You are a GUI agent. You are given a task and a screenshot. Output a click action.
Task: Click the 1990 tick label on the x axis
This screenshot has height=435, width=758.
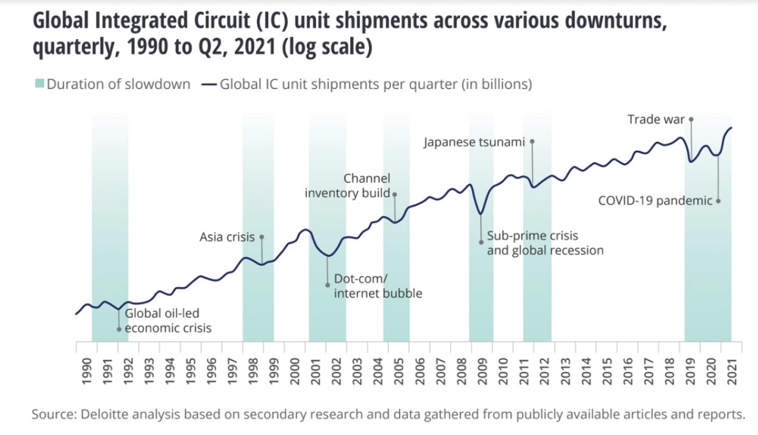[86, 369]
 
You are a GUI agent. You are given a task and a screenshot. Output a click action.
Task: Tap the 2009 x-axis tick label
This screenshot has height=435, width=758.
[482, 369]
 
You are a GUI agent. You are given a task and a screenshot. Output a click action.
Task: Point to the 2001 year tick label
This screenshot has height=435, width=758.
[316, 369]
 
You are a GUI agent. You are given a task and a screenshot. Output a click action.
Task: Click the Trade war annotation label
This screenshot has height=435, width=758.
[655, 119]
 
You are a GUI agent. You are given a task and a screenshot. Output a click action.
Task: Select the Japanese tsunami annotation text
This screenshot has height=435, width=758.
[474, 143]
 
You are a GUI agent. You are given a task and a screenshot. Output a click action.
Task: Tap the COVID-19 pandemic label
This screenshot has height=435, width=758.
[655, 201]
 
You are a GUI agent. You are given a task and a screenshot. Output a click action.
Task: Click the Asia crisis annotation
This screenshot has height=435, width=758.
[227, 237]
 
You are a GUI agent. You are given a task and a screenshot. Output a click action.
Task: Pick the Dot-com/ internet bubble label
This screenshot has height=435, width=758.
[377, 286]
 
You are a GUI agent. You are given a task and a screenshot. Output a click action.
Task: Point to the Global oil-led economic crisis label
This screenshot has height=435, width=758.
[168, 320]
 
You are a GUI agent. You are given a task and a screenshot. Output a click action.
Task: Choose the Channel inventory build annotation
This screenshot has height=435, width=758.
[348, 186]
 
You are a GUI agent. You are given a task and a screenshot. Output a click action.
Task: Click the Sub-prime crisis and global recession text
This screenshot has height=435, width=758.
[545, 243]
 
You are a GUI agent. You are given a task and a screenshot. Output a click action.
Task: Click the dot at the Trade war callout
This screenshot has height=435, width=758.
[691, 119]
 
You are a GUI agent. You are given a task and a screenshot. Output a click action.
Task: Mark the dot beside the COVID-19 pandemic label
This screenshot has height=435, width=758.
[719, 201]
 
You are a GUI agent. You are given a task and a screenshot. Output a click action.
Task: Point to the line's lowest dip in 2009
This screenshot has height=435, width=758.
[481, 214]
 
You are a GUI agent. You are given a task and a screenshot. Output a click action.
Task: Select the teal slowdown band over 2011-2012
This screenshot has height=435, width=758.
[537, 273]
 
